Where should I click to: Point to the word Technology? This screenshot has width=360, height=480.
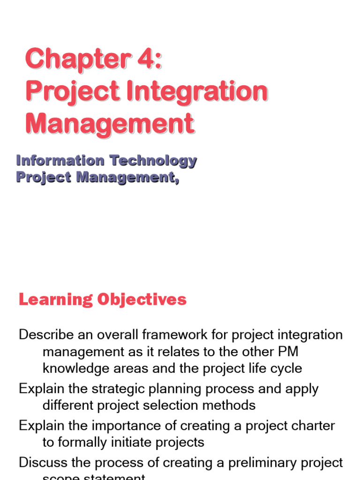tap(153, 161)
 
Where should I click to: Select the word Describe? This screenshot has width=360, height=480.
tap(46, 335)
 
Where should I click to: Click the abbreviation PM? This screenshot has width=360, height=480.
tap(288, 352)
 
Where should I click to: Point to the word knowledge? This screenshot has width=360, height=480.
tap(75, 368)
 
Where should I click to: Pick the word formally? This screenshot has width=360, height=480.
tap(86, 442)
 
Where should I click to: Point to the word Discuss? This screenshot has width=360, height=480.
tap(44, 463)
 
